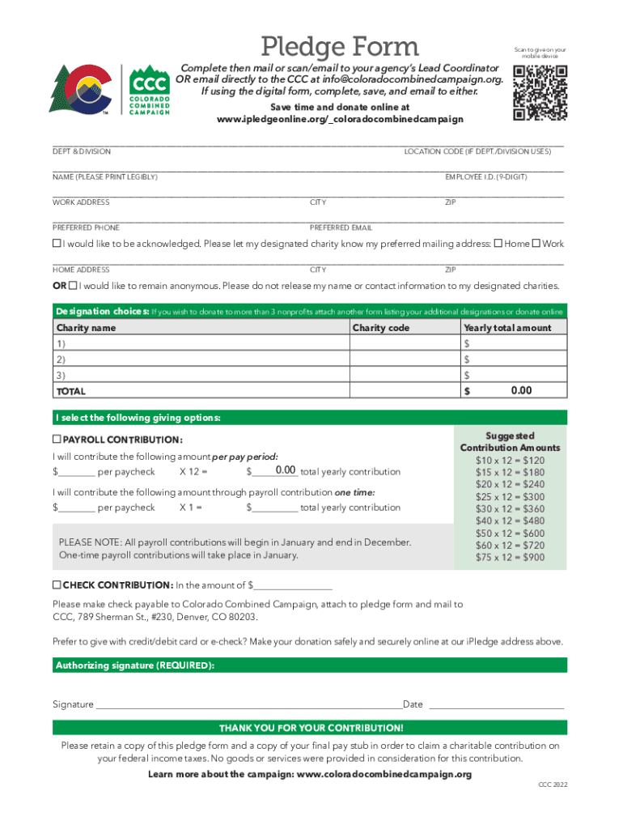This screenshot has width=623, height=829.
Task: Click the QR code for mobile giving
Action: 540,92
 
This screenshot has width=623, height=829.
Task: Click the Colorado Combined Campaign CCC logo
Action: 150,90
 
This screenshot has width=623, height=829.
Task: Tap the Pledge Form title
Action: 339,47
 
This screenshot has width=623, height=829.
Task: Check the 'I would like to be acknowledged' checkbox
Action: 57,243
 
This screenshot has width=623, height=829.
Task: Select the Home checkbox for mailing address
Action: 498,243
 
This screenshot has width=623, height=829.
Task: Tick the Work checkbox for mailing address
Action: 536,243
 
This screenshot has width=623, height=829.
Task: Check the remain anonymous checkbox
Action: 74,286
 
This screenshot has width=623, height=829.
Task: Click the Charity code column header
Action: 381,328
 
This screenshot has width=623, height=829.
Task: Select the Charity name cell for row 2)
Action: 201,359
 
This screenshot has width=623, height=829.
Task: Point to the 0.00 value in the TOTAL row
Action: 520,391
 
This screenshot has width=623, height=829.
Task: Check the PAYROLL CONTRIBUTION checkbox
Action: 57,440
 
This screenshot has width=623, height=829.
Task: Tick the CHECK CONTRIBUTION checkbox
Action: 57,585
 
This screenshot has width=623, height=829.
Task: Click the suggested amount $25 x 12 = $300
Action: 510,497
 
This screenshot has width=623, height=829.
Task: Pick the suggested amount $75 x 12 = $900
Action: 510,557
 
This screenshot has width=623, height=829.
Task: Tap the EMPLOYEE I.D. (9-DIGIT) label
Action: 486,176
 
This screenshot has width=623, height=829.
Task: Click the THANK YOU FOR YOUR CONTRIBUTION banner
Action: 311,728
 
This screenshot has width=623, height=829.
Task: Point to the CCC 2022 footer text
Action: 553,785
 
